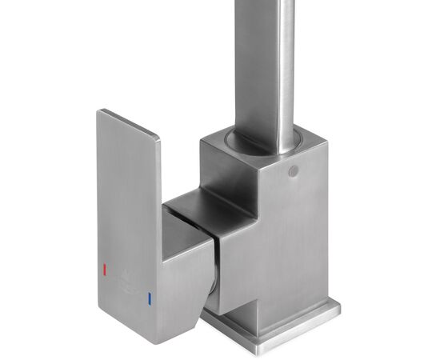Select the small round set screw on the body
point(293,171)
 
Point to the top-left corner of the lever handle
point(99,114)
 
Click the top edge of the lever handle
point(128,124)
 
